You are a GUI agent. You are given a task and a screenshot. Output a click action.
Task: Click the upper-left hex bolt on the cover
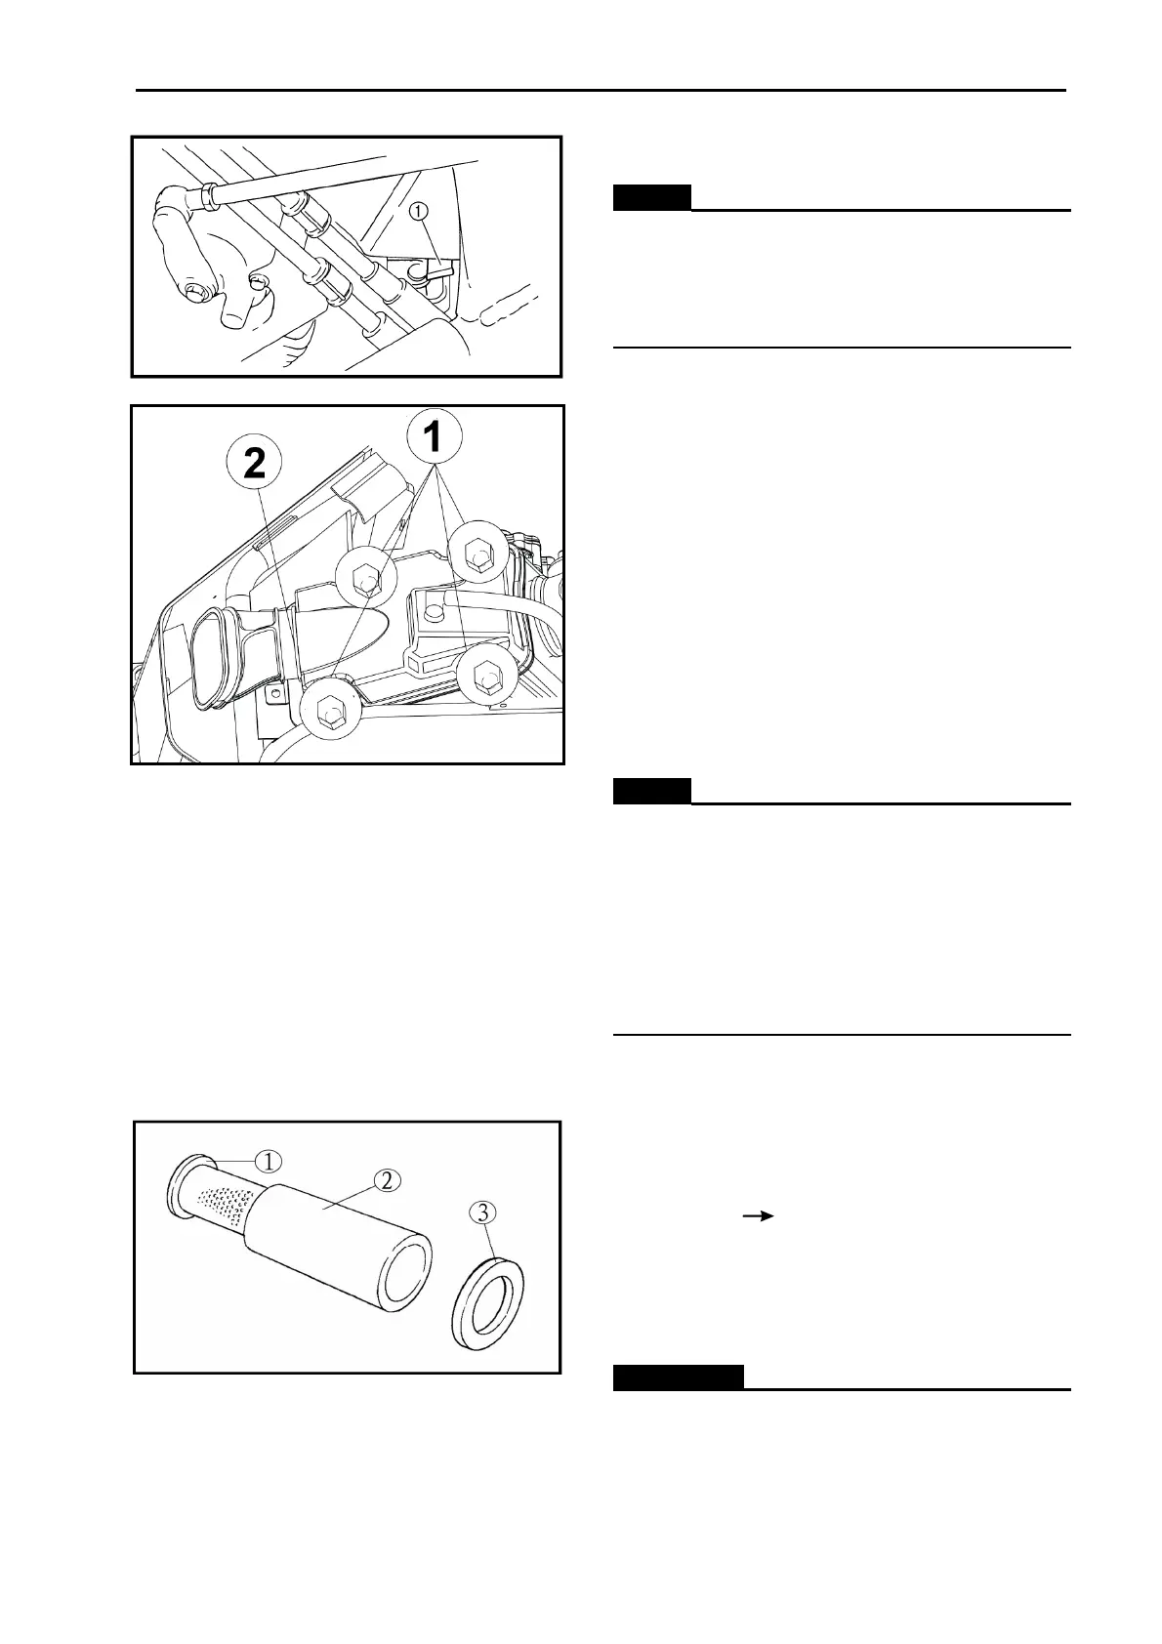coord(365,577)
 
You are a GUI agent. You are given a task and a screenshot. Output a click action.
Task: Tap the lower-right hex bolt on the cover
coord(484,676)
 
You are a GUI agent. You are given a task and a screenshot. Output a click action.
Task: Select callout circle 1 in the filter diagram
coord(269,1161)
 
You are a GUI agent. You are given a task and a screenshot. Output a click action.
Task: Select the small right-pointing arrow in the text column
coord(759,1215)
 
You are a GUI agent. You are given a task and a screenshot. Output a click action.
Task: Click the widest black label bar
coord(678,1377)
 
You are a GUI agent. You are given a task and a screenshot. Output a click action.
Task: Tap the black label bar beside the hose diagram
coord(651,197)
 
